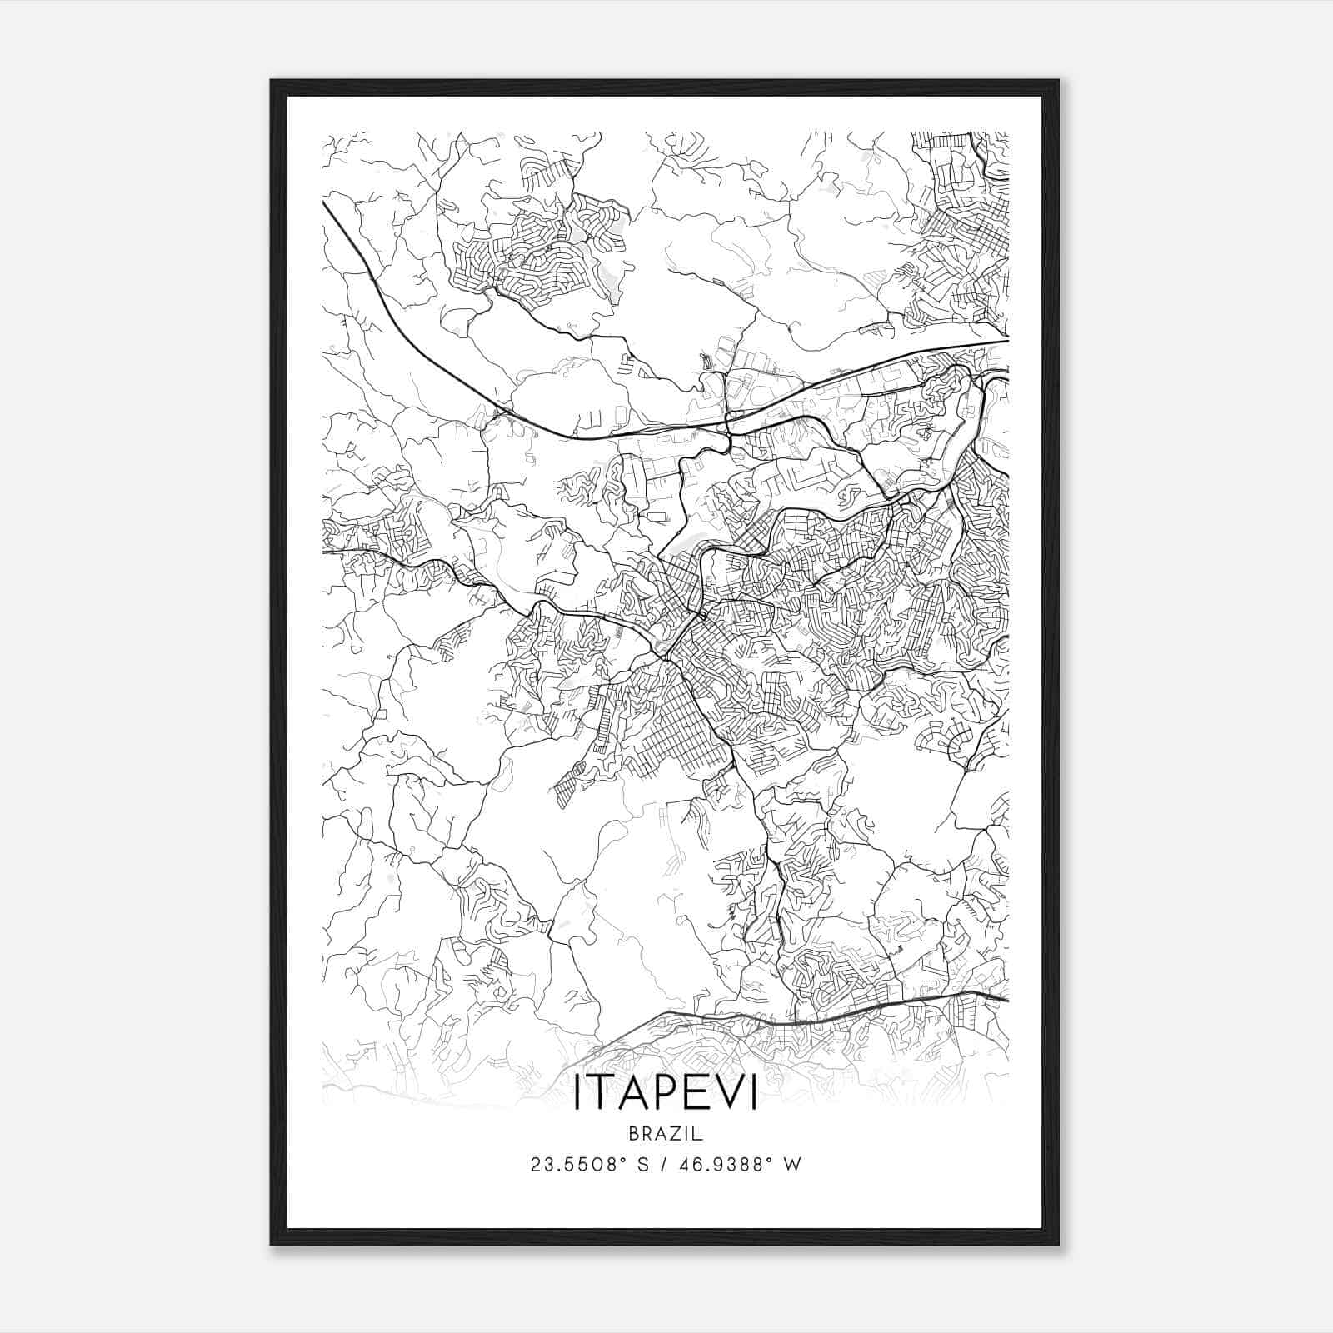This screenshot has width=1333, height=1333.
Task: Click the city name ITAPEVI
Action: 666,1094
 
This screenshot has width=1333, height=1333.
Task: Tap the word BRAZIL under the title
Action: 666,1133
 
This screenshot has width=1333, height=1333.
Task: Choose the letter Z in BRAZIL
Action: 676,1133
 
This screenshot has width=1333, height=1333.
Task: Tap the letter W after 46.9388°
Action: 793,1165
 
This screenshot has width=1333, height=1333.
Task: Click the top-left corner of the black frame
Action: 272,82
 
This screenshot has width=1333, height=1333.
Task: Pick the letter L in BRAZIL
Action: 699,1133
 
